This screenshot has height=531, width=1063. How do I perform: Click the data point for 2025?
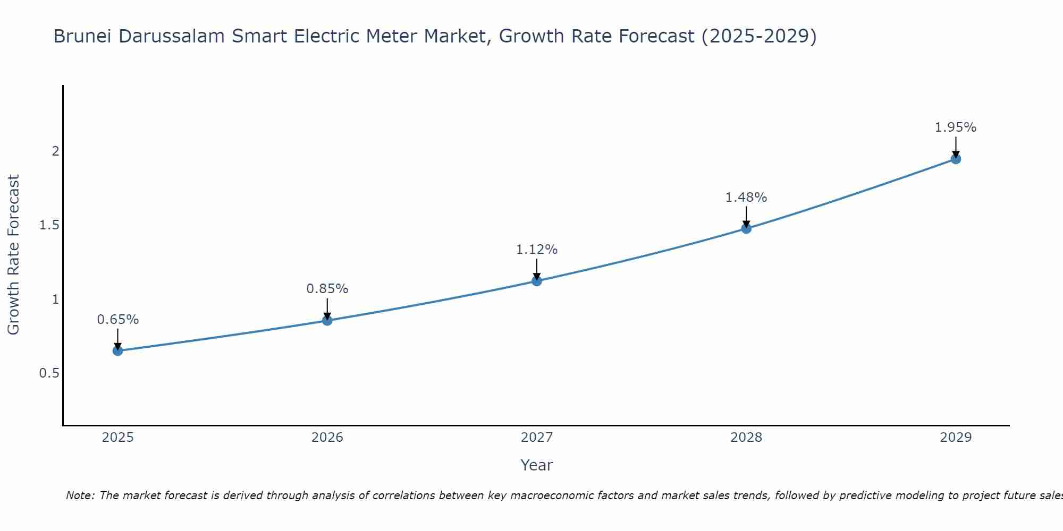point(118,350)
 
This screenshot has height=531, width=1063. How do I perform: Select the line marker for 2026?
point(327,321)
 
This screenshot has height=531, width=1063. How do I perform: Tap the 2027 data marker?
point(537,281)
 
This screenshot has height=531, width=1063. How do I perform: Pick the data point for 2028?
point(746,228)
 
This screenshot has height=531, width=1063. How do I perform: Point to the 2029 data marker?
point(956,159)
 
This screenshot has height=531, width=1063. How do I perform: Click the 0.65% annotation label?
point(118,320)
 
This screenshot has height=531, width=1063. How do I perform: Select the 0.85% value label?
point(327,289)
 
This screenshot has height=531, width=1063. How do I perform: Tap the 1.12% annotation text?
point(537,250)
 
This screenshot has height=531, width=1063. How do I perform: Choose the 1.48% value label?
point(746,198)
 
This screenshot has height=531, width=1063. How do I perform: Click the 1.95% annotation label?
point(956,127)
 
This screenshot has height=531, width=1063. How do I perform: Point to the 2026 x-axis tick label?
point(327,438)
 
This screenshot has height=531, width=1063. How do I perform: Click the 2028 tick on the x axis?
point(746,438)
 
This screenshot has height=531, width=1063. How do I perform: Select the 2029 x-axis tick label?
point(956,438)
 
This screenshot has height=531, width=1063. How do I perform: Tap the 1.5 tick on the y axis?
point(49,225)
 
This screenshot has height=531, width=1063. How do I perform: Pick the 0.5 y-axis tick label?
point(49,373)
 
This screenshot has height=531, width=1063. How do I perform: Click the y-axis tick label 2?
point(55,151)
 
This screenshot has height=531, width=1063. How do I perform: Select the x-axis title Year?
point(537,465)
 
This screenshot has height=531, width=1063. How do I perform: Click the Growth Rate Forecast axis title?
point(14,255)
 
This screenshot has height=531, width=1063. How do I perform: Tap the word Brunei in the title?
point(83,36)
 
